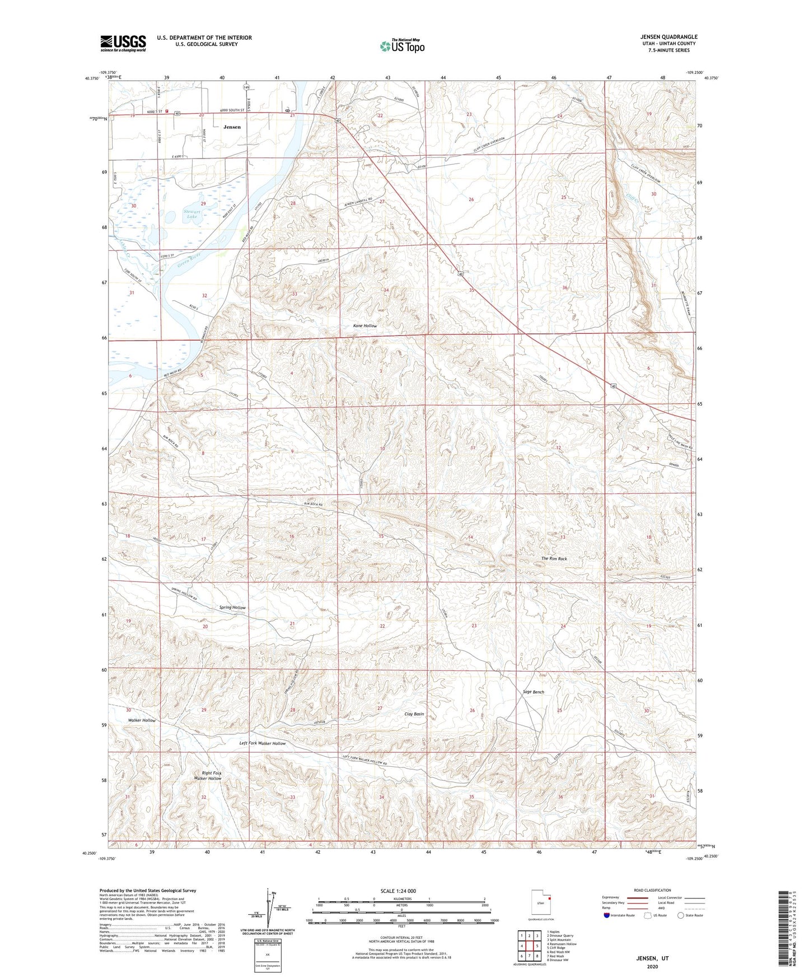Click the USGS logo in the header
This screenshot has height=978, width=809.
(x=123, y=43)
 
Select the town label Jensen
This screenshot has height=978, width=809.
(x=232, y=127)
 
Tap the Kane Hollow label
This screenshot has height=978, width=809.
(x=364, y=325)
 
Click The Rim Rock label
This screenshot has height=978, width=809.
(x=554, y=558)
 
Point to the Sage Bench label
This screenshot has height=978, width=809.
(x=533, y=692)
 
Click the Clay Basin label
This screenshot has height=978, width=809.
(x=414, y=714)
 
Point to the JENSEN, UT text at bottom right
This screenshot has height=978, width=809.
(x=652, y=958)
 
